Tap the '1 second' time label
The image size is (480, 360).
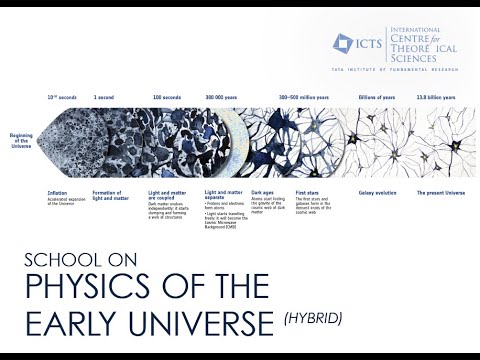[105, 97]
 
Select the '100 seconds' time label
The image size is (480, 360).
[164, 97]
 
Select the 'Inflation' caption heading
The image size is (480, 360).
[57, 190]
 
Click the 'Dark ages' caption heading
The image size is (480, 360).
[263, 190]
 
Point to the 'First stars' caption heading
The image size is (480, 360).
[307, 190]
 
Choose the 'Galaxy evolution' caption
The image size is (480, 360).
[381, 190]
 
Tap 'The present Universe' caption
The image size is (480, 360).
[441, 190]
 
